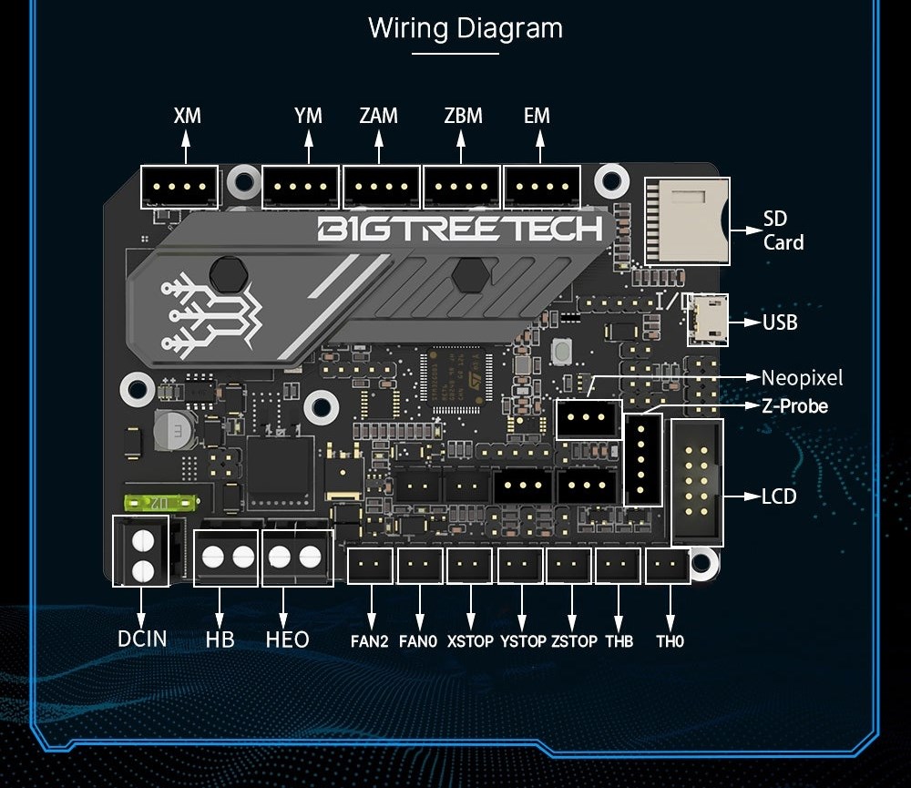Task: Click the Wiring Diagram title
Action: click(465, 28)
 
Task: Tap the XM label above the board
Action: click(187, 116)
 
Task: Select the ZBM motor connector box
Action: click(462, 187)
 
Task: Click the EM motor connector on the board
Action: click(542, 187)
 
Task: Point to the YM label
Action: click(308, 116)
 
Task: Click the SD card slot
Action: click(685, 220)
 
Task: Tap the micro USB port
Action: click(708, 320)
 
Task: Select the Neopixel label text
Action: click(802, 377)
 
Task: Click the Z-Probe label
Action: click(794, 406)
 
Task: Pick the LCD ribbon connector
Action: click(697, 483)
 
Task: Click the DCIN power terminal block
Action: click(141, 550)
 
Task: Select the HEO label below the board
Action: click(287, 640)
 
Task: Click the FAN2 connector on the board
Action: click(370, 566)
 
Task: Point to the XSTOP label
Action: click(470, 641)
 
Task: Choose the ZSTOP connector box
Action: click(570, 566)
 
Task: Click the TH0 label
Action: click(670, 641)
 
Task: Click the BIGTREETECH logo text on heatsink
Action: click(460, 229)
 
